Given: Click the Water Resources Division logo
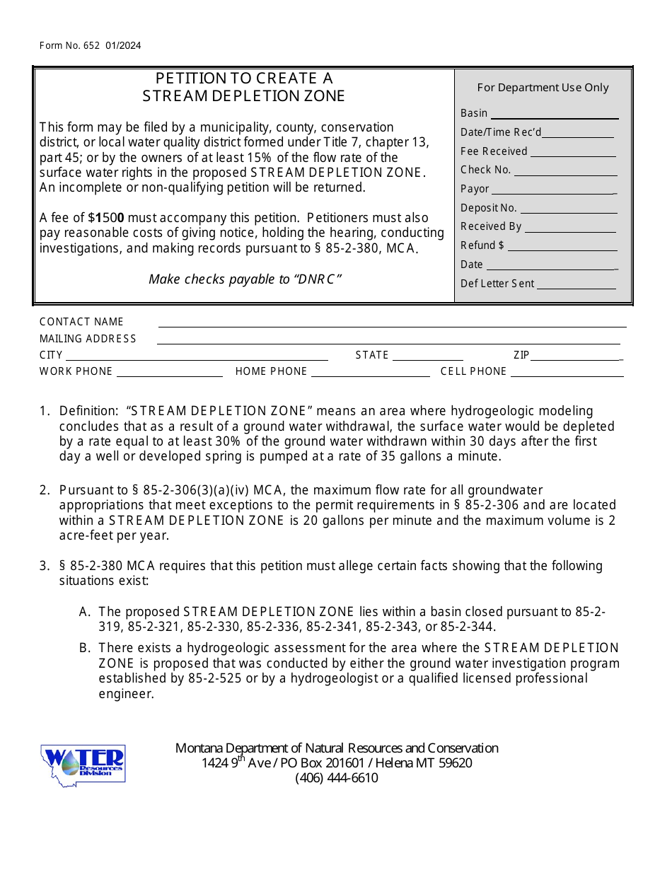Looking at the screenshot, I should click(x=83, y=763).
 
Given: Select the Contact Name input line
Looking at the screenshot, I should click(x=392, y=323).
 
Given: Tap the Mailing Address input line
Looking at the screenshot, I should click(x=392, y=340).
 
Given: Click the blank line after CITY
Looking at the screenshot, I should click(x=197, y=356).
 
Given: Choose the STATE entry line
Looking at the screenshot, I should click(x=427, y=356).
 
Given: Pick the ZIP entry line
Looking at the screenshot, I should click(x=577, y=356).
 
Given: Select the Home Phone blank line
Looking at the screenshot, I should click(x=371, y=373).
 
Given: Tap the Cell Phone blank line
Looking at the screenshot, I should click(x=567, y=373).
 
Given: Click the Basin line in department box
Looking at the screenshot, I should click(x=555, y=115).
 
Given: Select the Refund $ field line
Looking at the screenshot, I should click(x=563, y=247).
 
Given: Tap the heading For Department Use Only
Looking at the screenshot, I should click(x=543, y=88).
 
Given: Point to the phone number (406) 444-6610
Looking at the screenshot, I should click(x=337, y=778).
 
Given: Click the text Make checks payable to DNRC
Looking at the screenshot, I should click(x=245, y=279).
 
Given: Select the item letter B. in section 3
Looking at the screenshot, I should click(x=85, y=648).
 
